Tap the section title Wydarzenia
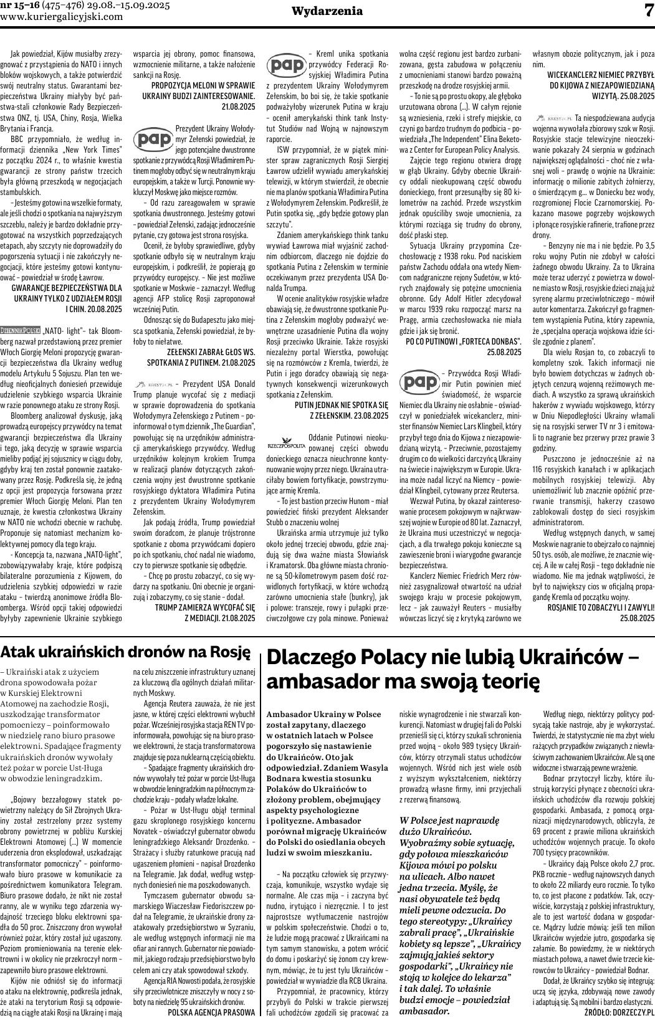pos(327,11)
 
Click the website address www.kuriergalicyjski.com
pos(62,17)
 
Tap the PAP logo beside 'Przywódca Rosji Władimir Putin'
pos(418,381)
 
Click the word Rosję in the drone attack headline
pos(231,652)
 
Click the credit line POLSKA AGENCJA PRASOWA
pos(211,1012)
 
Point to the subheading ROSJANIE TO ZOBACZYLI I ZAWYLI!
pos(600,607)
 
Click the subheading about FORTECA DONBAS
pos(464,342)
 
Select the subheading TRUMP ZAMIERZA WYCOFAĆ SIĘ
pos(204,606)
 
